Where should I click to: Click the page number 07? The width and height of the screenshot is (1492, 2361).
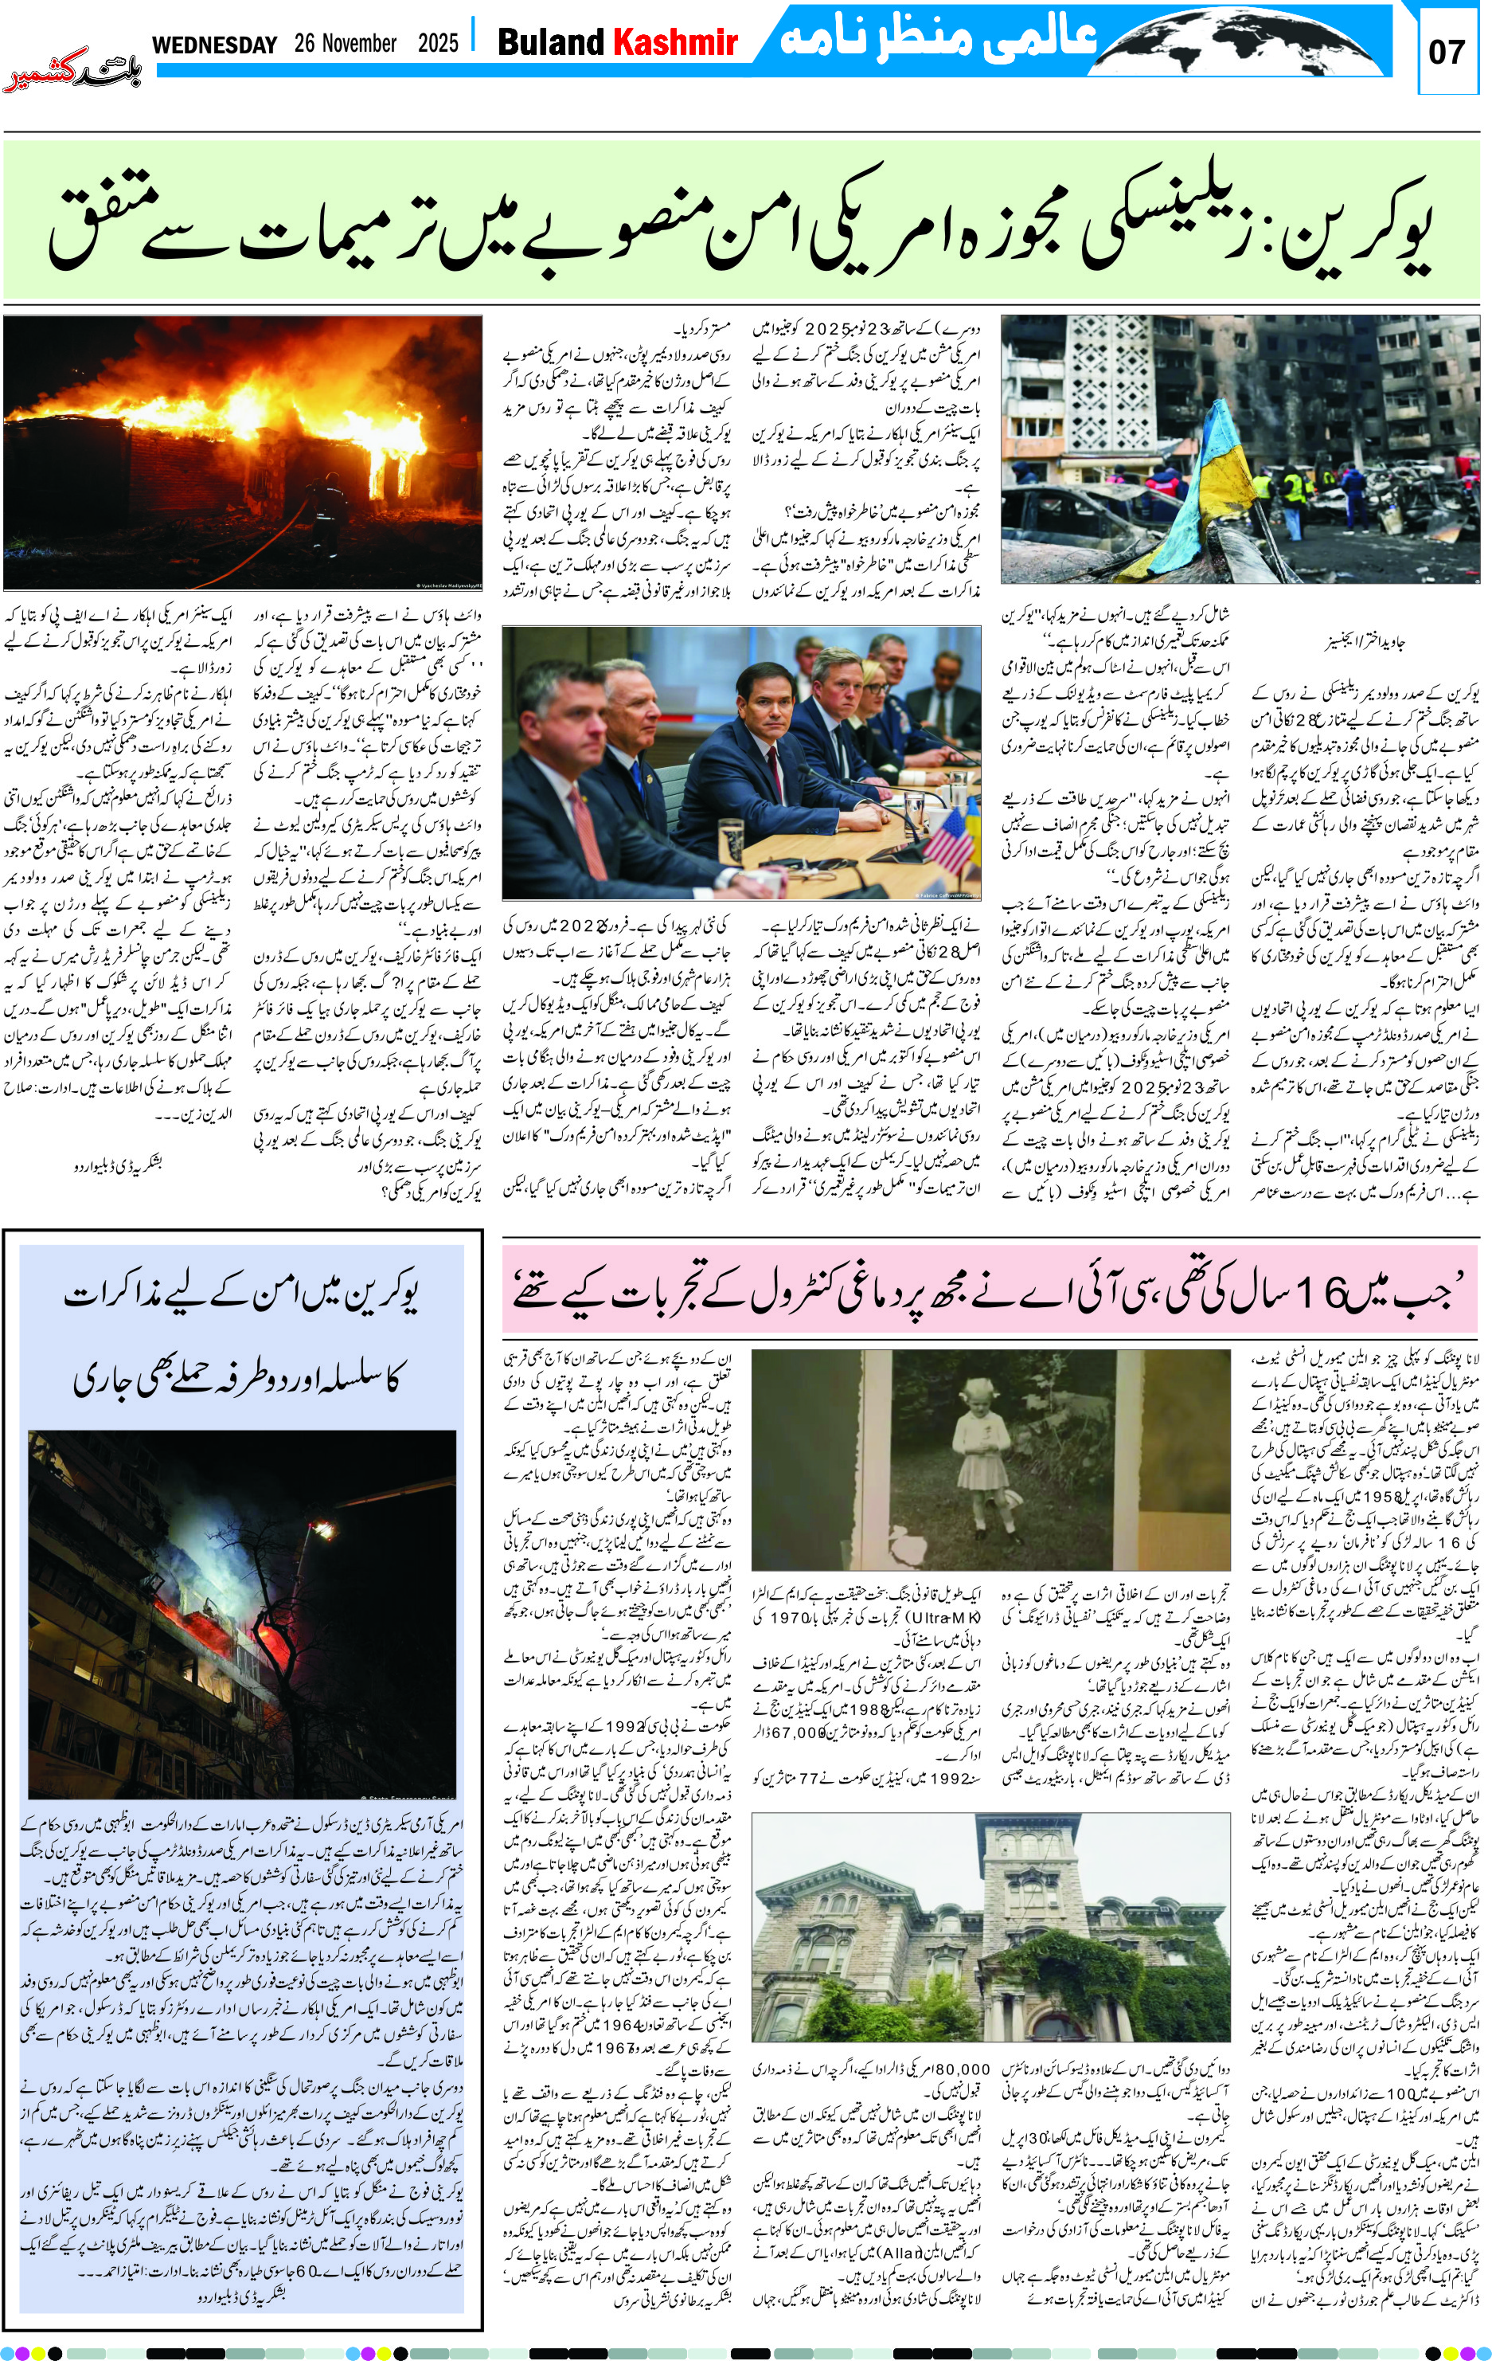[x=1446, y=51]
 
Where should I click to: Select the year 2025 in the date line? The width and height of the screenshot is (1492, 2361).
[x=437, y=44]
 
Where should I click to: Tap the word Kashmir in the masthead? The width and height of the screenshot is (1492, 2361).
[x=674, y=43]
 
